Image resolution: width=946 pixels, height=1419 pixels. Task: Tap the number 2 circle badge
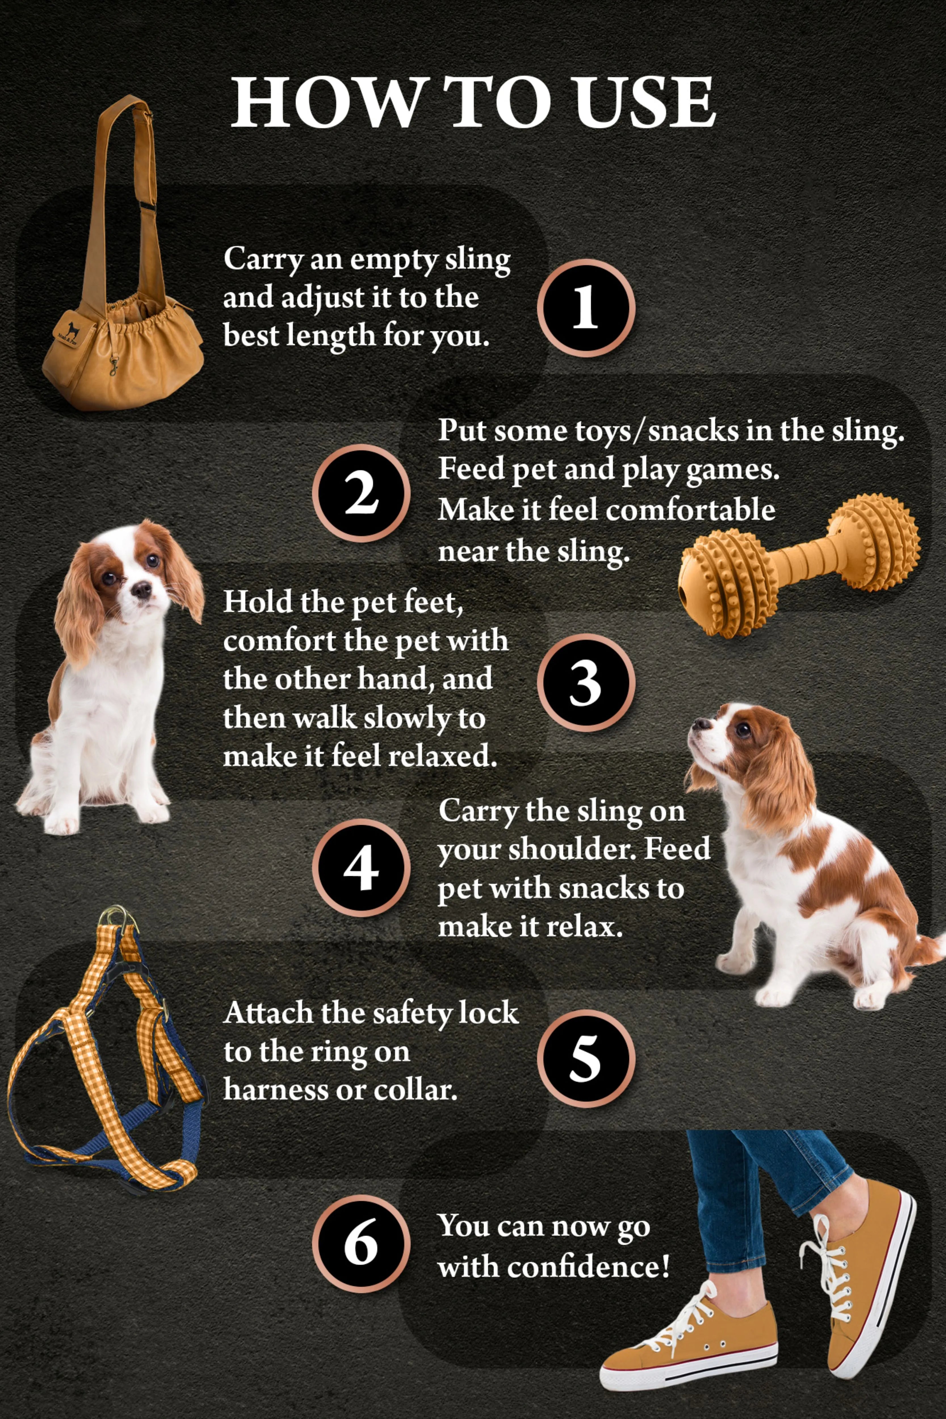click(x=361, y=493)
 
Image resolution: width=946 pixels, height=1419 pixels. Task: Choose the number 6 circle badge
click(x=361, y=1244)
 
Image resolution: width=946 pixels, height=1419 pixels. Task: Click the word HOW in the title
click(x=326, y=102)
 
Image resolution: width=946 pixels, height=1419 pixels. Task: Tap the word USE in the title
click(x=644, y=102)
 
